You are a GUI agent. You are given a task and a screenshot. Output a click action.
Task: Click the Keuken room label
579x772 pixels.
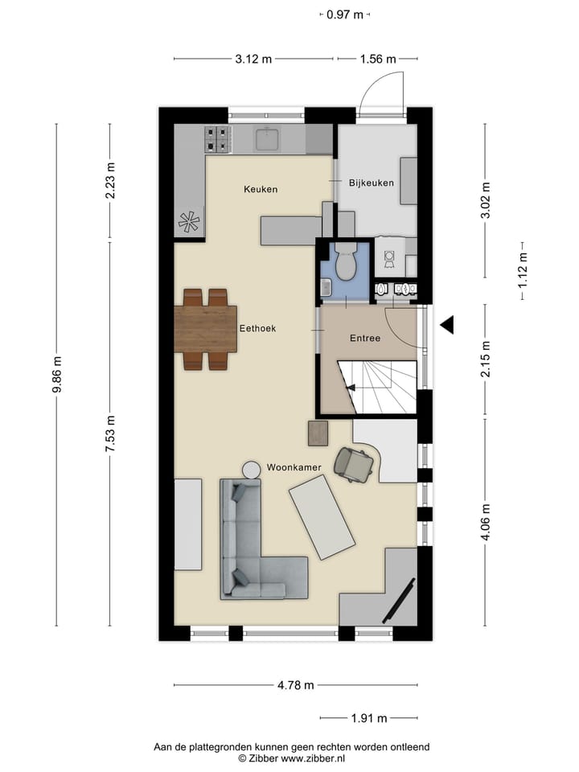coord(261,190)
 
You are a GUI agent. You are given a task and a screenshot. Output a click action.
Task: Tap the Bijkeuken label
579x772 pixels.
coord(371,183)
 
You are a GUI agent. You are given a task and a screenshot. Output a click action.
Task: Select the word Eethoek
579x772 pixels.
coord(257,329)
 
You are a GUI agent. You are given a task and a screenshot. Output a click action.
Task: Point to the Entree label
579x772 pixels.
coord(364,339)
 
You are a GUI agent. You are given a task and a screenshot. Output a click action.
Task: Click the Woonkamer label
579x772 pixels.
coord(294,467)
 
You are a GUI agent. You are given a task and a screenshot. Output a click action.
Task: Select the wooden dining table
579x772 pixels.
coord(205,329)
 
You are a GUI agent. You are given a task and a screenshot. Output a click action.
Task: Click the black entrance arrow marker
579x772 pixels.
coord(446,325)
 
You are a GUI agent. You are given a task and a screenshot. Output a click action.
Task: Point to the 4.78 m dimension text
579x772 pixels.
coord(295,685)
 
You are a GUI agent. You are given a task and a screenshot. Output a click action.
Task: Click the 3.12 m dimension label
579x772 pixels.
coord(253,59)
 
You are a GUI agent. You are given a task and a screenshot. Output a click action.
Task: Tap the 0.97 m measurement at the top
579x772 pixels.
coord(345,14)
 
